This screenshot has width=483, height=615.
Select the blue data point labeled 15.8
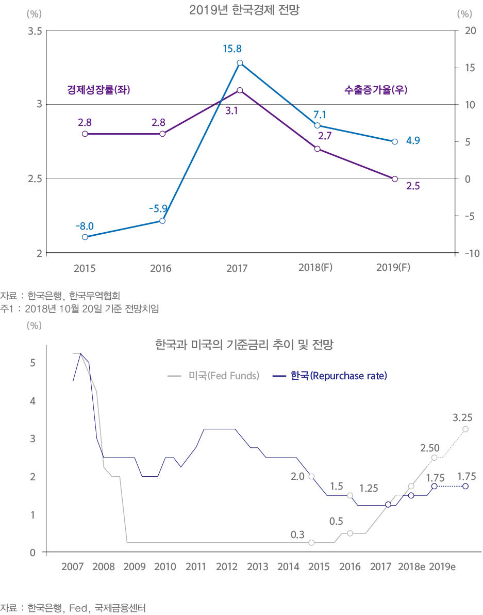(240, 63)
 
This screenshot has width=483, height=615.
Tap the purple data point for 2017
(240, 90)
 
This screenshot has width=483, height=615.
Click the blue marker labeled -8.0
(85, 237)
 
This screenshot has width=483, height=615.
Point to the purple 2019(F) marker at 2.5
(394, 179)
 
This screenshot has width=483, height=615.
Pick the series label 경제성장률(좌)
(98, 90)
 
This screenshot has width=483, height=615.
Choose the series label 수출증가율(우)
(376, 90)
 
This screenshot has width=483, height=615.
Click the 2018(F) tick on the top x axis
(315, 268)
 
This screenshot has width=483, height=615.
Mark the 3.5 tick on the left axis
(35, 31)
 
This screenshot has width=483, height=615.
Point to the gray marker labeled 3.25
(465, 429)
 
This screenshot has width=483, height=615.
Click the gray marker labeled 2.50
(435, 458)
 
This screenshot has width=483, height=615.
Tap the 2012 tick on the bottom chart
(226, 567)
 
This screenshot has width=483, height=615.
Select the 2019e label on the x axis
(442, 567)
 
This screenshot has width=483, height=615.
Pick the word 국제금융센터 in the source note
(121, 608)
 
